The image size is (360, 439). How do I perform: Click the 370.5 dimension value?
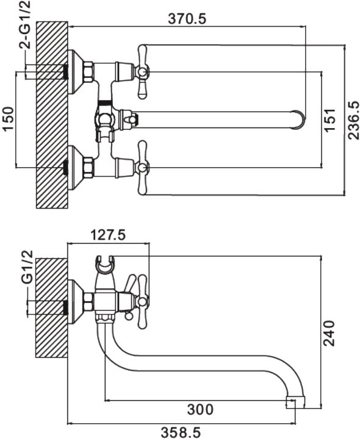pyautogui.click(x=187, y=19)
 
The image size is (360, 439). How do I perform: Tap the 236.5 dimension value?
pyautogui.click(x=353, y=120)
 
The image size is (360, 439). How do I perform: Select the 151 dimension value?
pyautogui.click(x=329, y=120)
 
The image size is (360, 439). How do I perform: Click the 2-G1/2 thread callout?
pyautogui.click(x=25, y=24)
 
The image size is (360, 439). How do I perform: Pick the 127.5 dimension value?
pyautogui.click(x=108, y=235)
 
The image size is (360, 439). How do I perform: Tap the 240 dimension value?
pyautogui.click(x=329, y=333)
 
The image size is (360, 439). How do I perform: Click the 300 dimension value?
pyautogui.click(x=200, y=409)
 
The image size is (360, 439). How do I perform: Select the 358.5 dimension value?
pyautogui.click(x=181, y=433)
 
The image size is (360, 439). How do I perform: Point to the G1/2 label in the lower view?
pyautogui.click(x=27, y=267)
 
